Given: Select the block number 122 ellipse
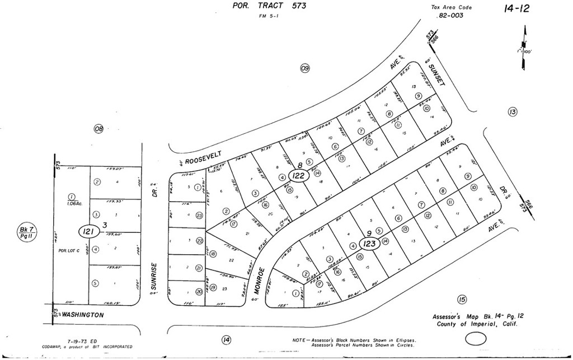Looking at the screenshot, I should point(299,175).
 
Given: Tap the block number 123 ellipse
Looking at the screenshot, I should point(353,244).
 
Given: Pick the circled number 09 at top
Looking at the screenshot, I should point(305,68).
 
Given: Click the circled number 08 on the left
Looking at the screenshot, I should point(99,129).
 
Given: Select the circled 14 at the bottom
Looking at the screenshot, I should point(226,339).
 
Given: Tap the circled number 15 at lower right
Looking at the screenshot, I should point(462,300).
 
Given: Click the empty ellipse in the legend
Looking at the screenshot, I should point(477,338).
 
